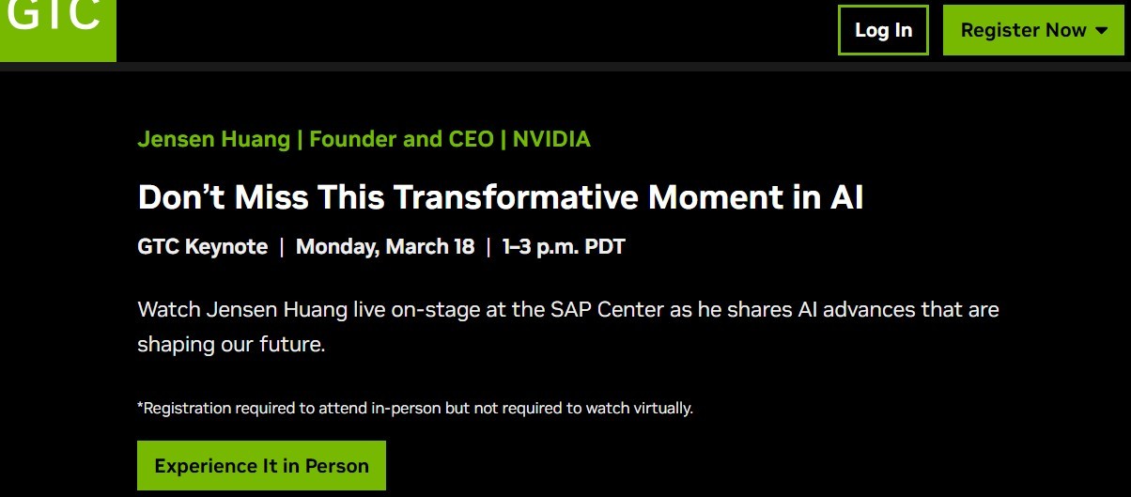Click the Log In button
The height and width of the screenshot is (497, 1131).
pyautogui.click(x=883, y=30)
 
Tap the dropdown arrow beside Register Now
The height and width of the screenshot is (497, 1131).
pyautogui.click(x=1102, y=30)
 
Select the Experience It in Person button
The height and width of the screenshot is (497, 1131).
pyautogui.click(x=261, y=465)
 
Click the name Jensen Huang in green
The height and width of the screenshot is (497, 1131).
pyautogui.click(x=214, y=139)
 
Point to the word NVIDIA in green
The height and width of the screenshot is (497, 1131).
pyautogui.click(x=551, y=139)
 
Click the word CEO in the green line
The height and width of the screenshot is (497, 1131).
pyautogui.click(x=471, y=139)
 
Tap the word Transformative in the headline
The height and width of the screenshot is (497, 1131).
pyautogui.click(x=516, y=196)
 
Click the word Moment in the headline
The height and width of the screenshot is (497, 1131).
pyautogui.click(x=716, y=196)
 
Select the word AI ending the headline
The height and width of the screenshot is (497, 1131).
pyautogui.click(x=846, y=196)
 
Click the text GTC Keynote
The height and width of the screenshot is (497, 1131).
pyautogui.click(x=203, y=246)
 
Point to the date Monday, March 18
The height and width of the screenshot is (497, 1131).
pyautogui.click(x=385, y=246)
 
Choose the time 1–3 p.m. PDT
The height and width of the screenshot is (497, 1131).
pyautogui.click(x=564, y=246)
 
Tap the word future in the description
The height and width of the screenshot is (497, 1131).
pyautogui.click(x=292, y=344)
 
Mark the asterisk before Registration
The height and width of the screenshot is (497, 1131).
pyautogui.click(x=140, y=404)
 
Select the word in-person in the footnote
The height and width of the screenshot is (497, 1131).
pyautogui.click(x=406, y=408)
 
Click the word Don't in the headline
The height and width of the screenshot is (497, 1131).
pyautogui.click(x=180, y=196)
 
